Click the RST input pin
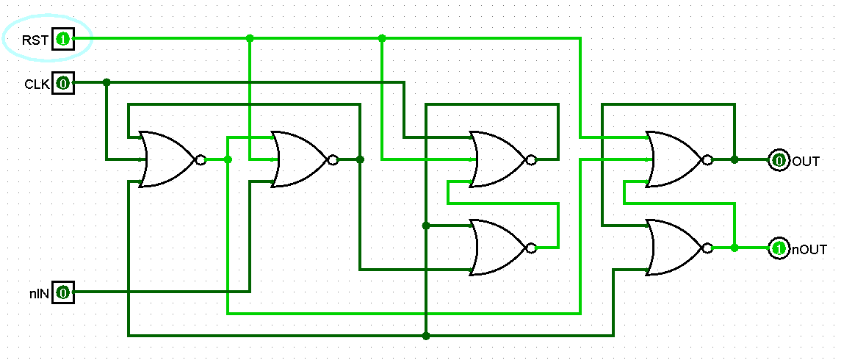pos(62,39)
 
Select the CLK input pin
pos(62,84)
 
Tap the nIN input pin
pos(62,293)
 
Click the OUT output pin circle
pos(779,160)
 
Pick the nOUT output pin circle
pos(779,249)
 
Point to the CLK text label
pos(37,84)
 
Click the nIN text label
pos(39,294)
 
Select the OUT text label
pos(805,161)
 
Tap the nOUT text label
pos(809,250)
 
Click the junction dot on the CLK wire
pos(107,82)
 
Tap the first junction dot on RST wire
pos(250,38)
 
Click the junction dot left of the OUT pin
pos(734,159)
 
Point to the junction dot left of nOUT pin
pos(734,248)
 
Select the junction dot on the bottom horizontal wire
pos(426,336)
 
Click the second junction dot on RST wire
pos(382,38)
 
